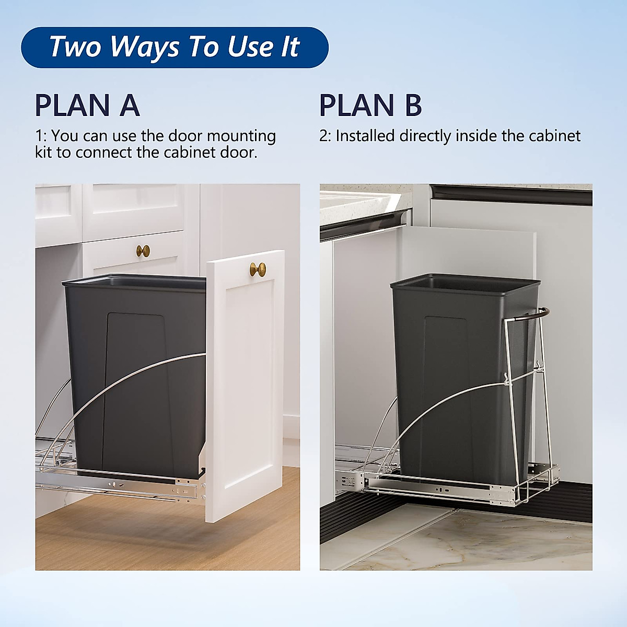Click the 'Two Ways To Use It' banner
(175, 47)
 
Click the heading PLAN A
(87, 105)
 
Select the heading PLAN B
(370, 105)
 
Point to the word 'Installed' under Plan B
(365, 136)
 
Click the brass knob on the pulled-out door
(258, 270)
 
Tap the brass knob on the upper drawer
(143, 251)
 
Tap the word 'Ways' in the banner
(145, 47)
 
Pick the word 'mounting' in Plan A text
(241, 136)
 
